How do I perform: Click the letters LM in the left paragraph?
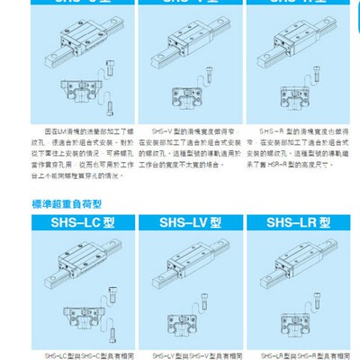[60, 131]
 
